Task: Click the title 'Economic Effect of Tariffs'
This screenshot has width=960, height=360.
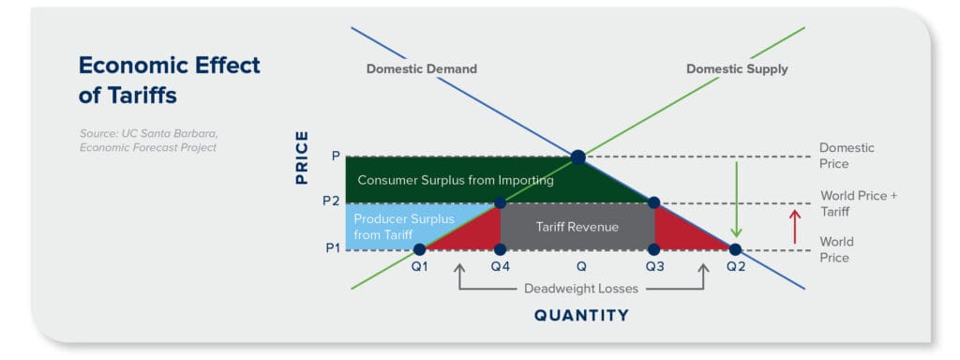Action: click(x=169, y=80)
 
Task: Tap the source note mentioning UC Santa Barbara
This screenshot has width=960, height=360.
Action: click(x=147, y=140)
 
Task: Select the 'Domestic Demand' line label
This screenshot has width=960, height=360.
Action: click(x=421, y=69)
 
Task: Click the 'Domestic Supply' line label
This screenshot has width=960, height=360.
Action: click(x=737, y=69)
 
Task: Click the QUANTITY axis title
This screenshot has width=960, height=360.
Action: click(x=581, y=316)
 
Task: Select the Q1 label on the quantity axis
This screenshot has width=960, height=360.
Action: click(x=419, y=267)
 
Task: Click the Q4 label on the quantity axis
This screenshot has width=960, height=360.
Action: click(x=500, y=267)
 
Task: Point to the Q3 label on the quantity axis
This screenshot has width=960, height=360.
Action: click(x=653, y=267)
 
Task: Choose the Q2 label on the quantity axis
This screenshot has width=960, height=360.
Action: click(x=735, y=267)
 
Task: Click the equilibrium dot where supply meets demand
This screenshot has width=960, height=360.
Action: click(x=577, y=156)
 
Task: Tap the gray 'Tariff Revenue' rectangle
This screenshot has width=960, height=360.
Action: click(x=577, y=226)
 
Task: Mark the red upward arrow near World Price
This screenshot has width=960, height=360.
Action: click(x=794, y=227)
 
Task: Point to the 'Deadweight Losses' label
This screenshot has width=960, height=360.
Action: click(x=580, y=289)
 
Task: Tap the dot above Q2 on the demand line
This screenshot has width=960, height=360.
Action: click(x=735, y=249)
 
